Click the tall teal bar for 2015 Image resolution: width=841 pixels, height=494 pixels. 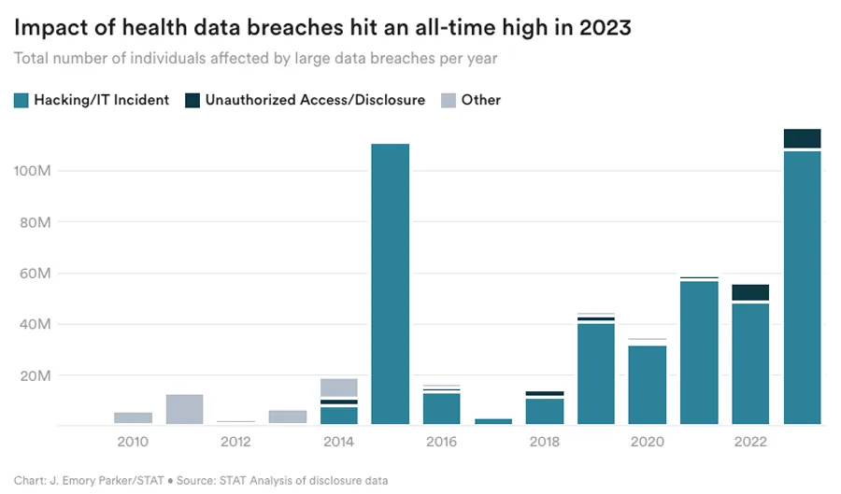tap(390, 284)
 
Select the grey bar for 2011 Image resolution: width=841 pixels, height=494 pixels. tap(184, 409)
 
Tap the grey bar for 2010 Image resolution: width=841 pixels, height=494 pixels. tap(133, 417)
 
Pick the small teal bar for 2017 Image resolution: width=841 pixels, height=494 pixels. tap(493, 421)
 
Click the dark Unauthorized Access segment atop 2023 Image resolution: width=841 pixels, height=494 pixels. tap(802, 138)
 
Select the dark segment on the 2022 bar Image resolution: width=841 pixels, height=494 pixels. tap(750, 292)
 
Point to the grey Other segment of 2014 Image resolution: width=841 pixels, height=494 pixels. tap(338, 388)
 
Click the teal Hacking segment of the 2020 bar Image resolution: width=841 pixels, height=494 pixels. tap(648, 385)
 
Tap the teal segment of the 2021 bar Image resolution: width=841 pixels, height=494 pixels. tap(699, 352)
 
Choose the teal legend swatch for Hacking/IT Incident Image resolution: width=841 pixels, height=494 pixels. tap(21, 100)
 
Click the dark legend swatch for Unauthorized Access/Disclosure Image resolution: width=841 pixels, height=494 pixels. tap(192, 100)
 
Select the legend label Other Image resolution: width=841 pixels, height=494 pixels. tap(480, 100)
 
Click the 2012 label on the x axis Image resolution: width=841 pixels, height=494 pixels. tap(235, 441)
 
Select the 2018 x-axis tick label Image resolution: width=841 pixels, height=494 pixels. tap(545, 441)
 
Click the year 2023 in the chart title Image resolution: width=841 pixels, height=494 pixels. tap(605, 28)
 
